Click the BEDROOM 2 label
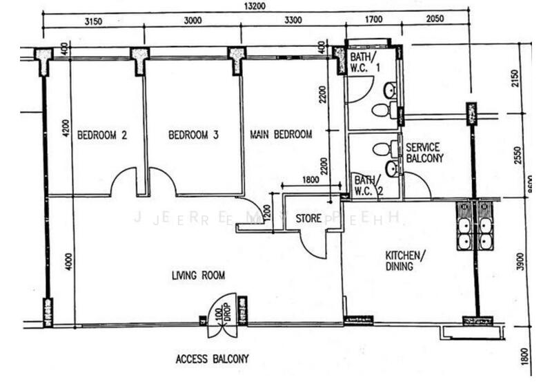coord(101,135)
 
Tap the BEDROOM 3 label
coord(193,135)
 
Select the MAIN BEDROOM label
coord(281,134)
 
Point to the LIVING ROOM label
coord(198,276)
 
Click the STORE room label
coord(308,218)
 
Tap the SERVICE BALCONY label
coord(424,153)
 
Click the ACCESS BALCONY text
coord(212,359)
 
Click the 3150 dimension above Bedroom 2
coord(93,21)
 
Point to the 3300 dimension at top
coord(293,21)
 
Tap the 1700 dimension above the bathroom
coord(372,21)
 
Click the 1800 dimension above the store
coord(310,180)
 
